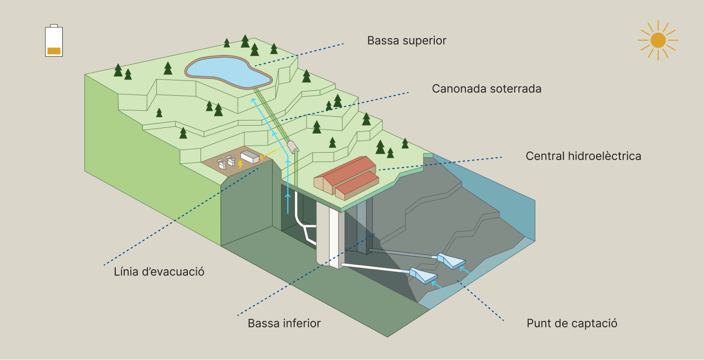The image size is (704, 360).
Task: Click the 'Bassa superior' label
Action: pos(406,40)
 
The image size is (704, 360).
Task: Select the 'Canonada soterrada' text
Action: pos(486,88)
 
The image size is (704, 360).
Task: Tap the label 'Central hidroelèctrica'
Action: pos(583,156)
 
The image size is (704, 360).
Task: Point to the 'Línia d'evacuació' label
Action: pos(159,272)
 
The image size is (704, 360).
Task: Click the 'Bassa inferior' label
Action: pos(284,323)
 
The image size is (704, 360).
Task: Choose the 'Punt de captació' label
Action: pos(572,323)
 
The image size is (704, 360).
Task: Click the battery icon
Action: pos(54,40)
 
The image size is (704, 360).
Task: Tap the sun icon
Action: pos(658,40)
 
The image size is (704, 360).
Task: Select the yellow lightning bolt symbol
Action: pos(240,164)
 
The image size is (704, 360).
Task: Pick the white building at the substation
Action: pos(250,157)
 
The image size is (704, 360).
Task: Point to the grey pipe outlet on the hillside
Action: pos(293,147)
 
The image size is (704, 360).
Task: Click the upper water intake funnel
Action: pos(451,260)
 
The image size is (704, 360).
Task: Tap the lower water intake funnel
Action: pos(423,275)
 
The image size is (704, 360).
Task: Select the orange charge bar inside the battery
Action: pos(54,51)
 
